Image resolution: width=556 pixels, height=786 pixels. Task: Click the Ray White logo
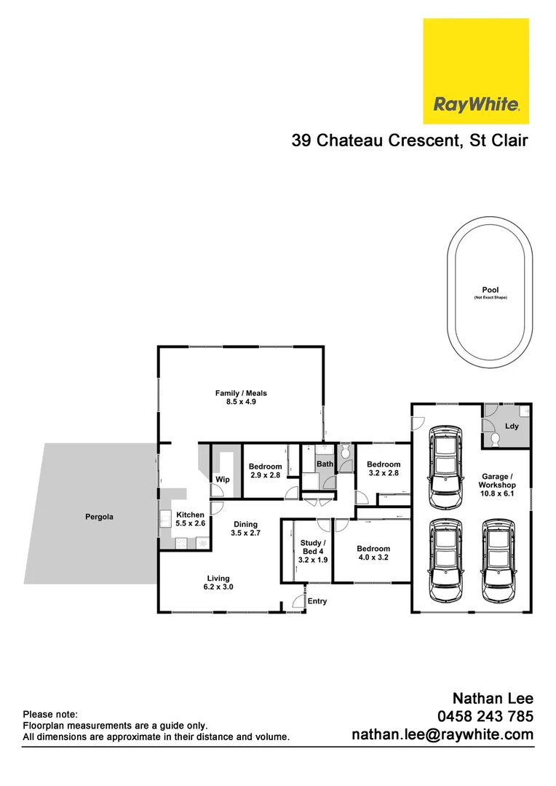click(476, 72)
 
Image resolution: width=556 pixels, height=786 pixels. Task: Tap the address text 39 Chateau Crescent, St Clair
click(410, 140)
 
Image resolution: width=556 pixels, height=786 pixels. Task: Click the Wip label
click(222, 480)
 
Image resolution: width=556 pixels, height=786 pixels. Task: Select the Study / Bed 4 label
click(314, 551)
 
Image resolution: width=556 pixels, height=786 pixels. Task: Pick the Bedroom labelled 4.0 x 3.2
click(373, 553)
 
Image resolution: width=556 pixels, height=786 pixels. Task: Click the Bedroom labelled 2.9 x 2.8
click(265, 471)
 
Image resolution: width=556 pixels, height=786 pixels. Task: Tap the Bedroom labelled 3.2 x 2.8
click(383, 469)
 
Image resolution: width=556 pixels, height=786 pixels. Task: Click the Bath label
click(324, 464)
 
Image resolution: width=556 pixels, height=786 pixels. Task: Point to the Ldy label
click(512, 426)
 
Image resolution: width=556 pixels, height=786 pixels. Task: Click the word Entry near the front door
click(317, 601)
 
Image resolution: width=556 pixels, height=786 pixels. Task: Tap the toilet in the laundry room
click(493, 439)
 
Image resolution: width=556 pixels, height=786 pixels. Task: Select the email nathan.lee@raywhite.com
click(442, 735)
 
